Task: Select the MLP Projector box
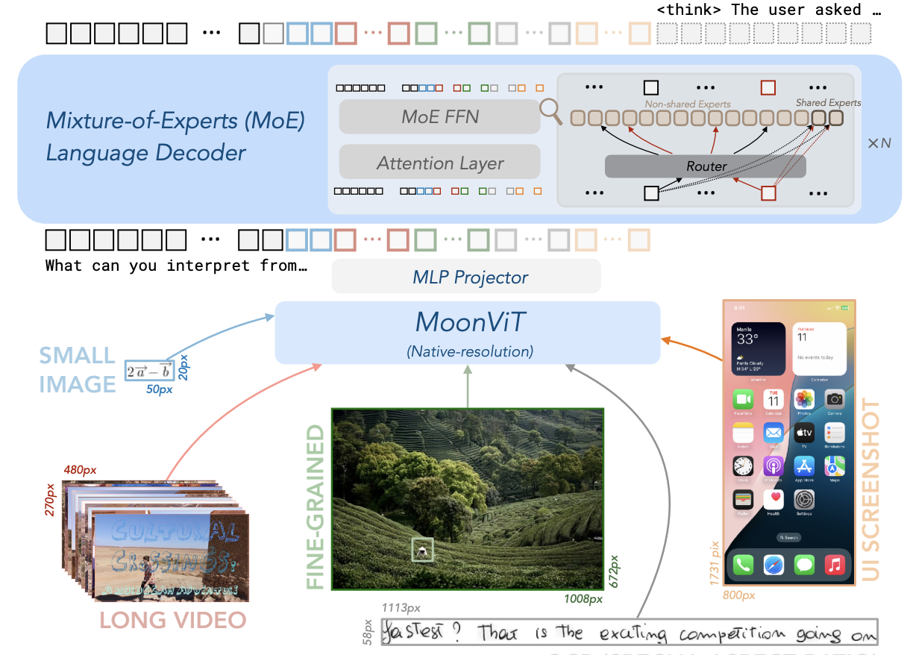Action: [466, 277]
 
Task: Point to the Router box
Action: [705, 166]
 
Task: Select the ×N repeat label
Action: [879, 142]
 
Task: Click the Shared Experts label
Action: [828, 103]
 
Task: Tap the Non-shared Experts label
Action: [687, 104]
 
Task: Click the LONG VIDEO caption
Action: [172, 620]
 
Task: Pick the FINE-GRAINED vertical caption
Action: [316, 507]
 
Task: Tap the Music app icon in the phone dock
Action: [834, 564]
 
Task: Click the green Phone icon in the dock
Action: [744, 564]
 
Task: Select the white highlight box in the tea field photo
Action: [422, 550]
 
